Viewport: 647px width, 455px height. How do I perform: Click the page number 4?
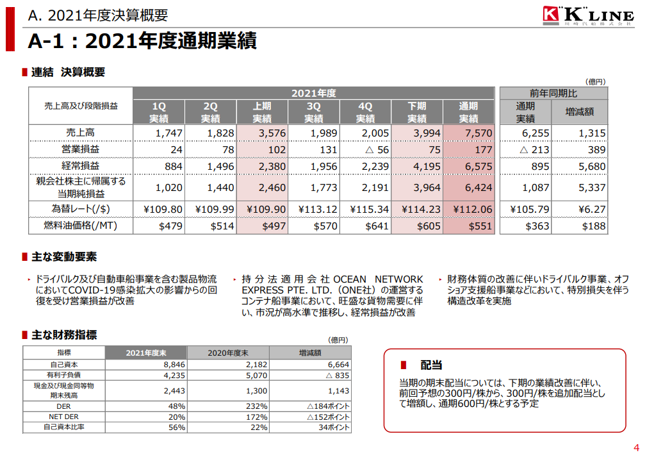(636, 447)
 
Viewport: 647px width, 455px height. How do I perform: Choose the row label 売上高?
(81, 133)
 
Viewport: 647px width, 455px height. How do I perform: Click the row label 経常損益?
(81, 166)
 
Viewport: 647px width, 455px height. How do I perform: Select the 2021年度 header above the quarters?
(313, 93)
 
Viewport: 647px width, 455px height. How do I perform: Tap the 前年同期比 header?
(552, 93)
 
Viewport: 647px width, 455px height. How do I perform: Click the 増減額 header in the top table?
(578, 112)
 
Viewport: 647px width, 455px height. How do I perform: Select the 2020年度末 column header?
(228, 352)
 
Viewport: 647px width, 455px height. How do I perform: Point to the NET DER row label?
(64, 416)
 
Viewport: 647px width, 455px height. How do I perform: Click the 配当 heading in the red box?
(430, 365)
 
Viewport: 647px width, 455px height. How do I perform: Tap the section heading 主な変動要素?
(64, 257)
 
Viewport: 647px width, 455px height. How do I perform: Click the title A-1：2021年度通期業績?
(142, 41)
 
